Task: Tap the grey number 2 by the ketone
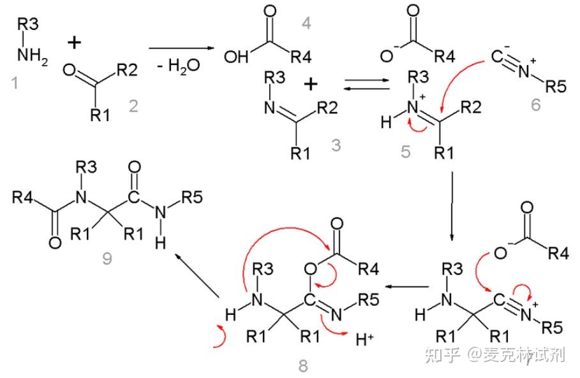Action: [x=133, y=106]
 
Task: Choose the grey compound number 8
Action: [x=302, y=365]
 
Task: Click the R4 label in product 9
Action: [x=24, y=198]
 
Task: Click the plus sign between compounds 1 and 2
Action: [x=75, y=43]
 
